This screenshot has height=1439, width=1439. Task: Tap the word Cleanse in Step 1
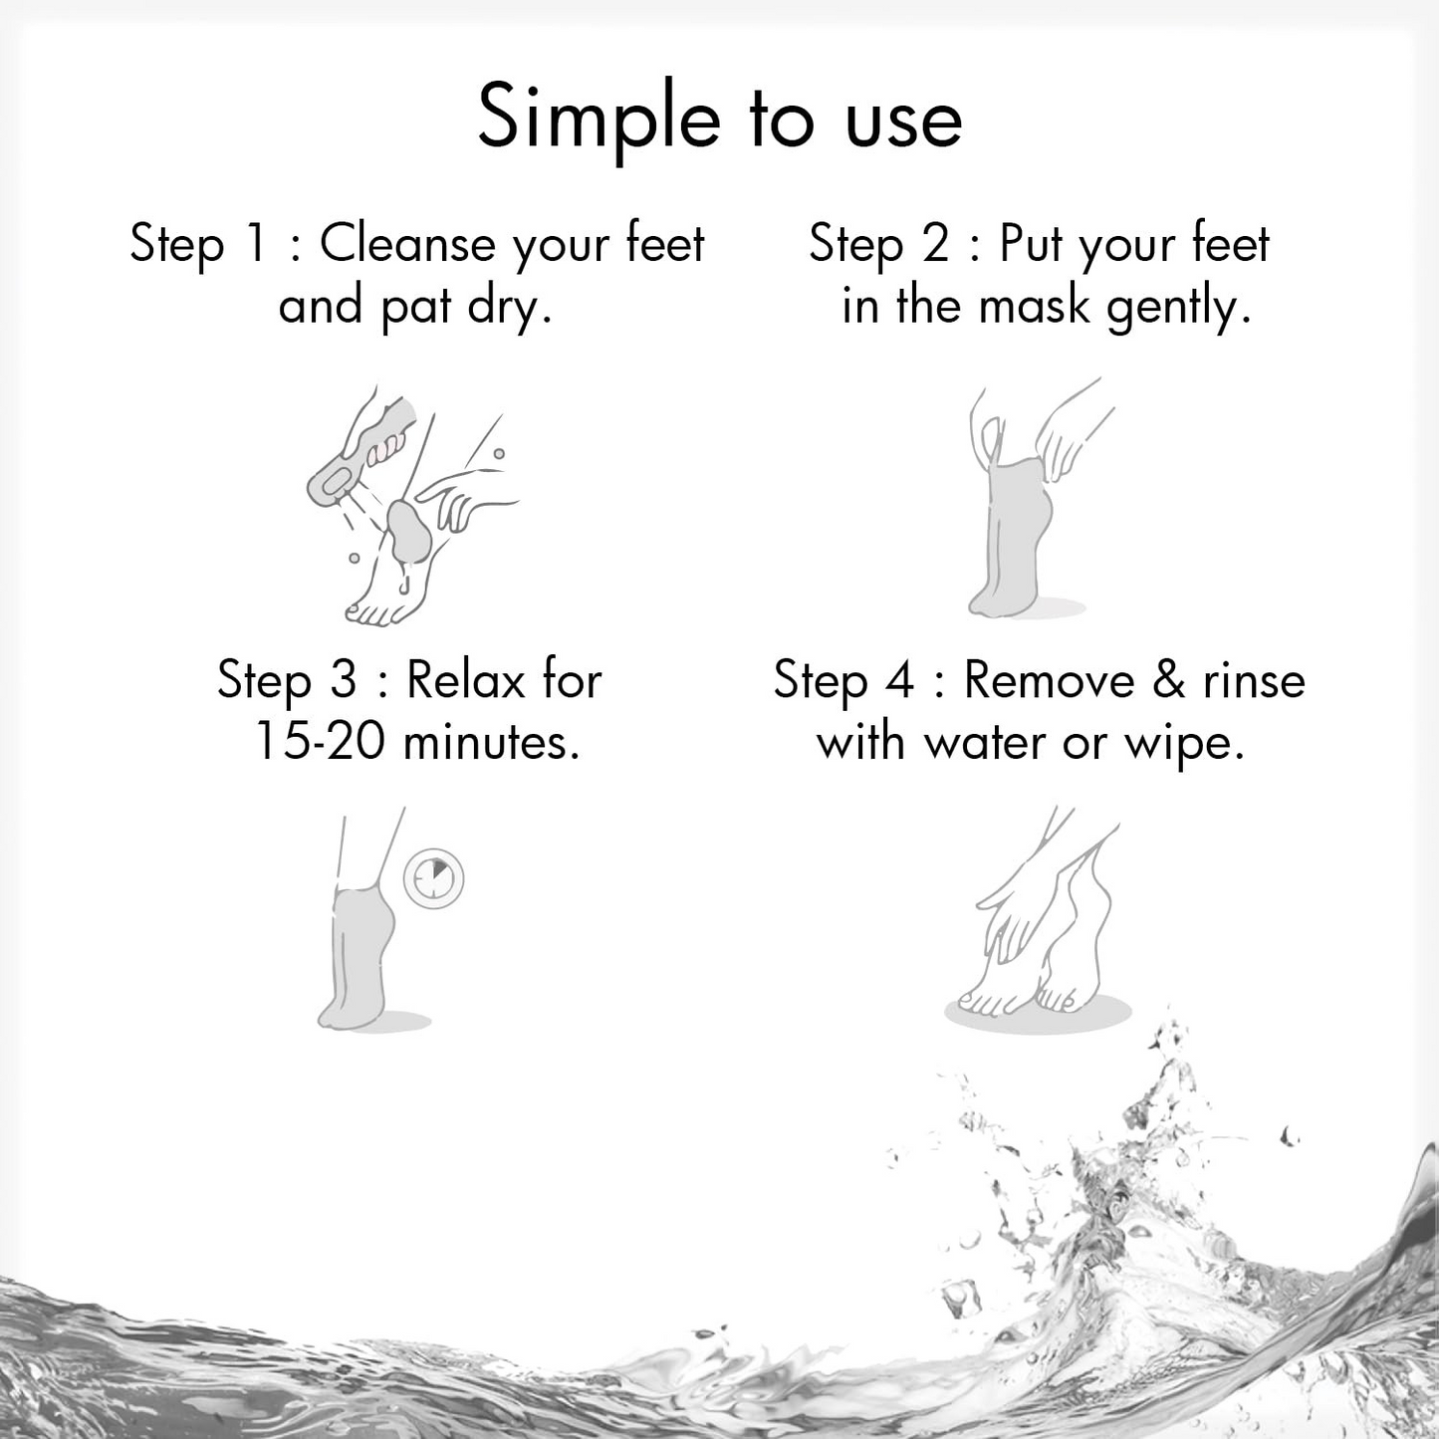(x=406, y=244)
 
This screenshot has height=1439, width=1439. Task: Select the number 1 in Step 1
(x=256, y=244)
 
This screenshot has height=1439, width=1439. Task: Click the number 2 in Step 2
(x=935, y=244)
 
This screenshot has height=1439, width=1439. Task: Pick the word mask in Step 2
(x=1035, y=306)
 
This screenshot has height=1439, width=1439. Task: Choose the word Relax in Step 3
(x=466, y=681)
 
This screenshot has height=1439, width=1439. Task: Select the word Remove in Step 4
(x=1049, y=681)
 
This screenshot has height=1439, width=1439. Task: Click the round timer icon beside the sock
(x=434, y=878)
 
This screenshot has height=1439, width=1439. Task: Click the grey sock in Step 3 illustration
(x=357, y=946)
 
